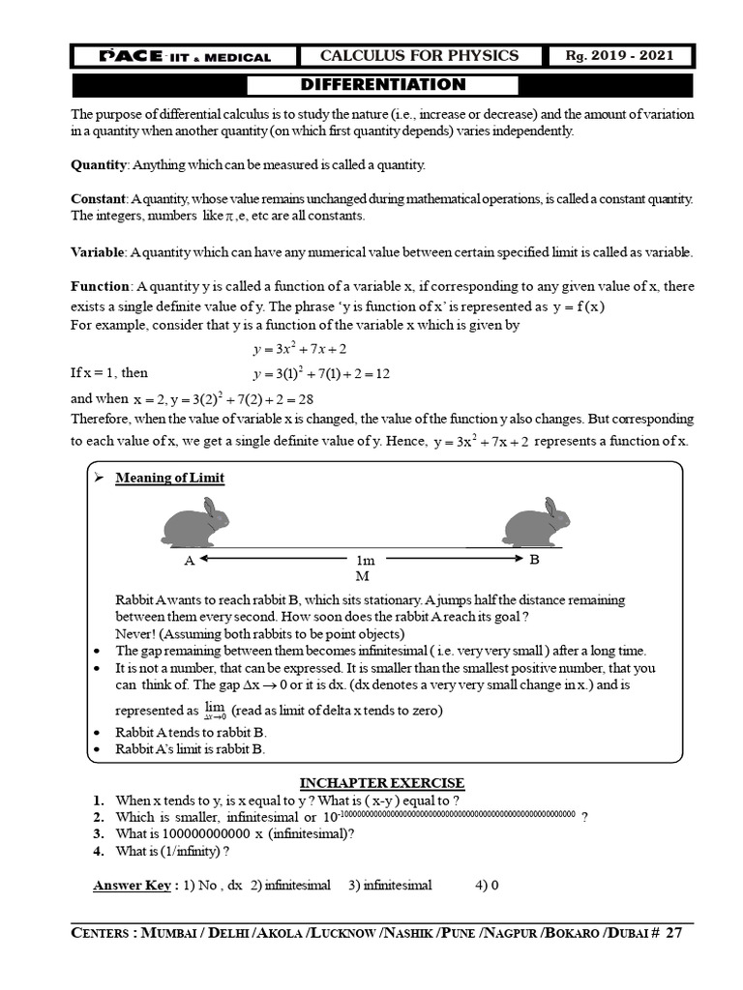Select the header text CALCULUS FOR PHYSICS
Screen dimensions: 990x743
click(x=419, y=55)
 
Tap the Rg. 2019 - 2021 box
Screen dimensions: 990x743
click(x=620, y=55)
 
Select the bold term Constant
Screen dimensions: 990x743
click(x=99, y=198)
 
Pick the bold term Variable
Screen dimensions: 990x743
click(x=97, y=252)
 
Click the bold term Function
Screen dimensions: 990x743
click(x=101, y=287)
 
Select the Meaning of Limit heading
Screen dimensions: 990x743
click(x=170, y=478)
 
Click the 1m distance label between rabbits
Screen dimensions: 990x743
click(x=365, y=560)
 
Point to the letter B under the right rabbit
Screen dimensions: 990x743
click(x=533, y=559)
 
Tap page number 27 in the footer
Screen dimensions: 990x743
click(x=673, y=934)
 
